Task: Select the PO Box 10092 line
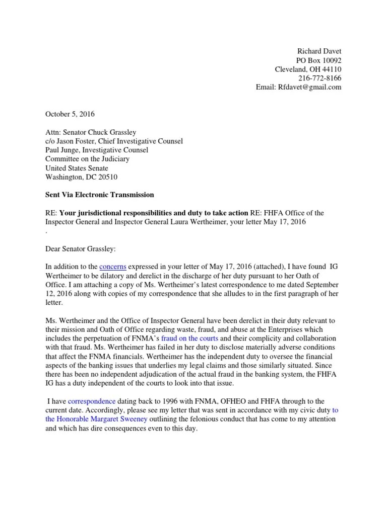318,60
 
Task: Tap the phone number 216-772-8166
320,78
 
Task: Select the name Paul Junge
64,150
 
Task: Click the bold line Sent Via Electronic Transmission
100,195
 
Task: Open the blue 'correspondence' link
92,401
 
